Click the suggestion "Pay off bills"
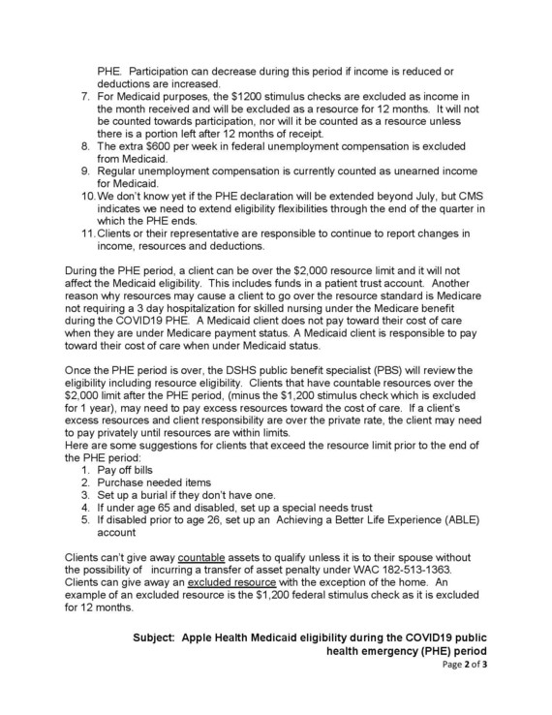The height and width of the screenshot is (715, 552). [x=129, y=470]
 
